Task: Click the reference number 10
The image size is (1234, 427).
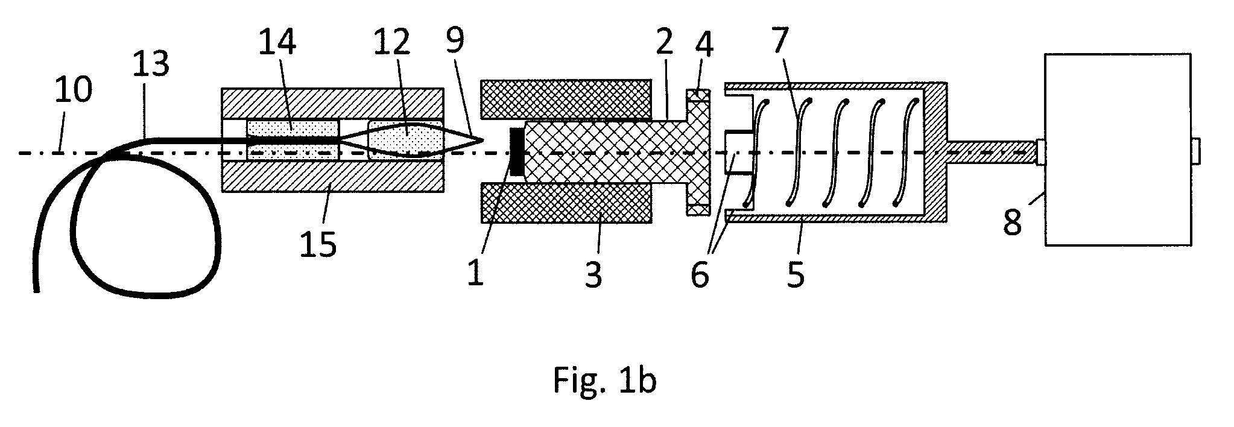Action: pos(73,90)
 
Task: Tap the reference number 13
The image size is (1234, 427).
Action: pos(150,65)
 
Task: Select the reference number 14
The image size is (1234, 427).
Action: pos(277,43)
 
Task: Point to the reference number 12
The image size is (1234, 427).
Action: pos(390,43)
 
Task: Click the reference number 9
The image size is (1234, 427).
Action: pos(455,40)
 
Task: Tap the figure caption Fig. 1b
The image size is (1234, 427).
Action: pos(604,381)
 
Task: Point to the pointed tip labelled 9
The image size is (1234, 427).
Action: pos(484,141)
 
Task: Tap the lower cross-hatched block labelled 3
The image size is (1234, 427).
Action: pos(566,203)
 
